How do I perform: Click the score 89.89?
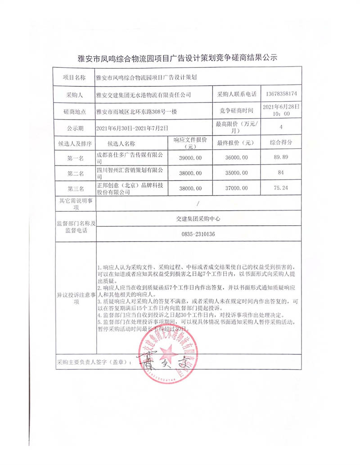[x=281, y=158]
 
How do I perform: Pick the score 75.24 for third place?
[x=281, y=188]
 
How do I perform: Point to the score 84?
[x=281, y=173]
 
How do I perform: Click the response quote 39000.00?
[x=191, y=158]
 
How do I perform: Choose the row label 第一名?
[x=75, y=158]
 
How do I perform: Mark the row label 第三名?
[x=75, y=188]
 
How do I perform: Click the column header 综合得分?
[x=281, y=142]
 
